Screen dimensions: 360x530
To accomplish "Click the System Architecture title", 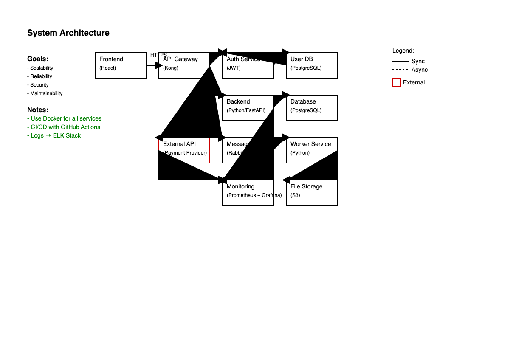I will (x=68, y=33).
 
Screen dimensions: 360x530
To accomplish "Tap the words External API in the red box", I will (x=179, y=144).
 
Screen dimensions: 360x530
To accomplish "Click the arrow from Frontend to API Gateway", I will (x=152, y=65).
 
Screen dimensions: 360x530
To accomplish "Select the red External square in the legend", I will (x=397, y=82).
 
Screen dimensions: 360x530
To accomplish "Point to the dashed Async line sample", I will (x=400, y=70).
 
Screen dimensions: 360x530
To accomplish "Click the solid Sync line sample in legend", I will (x=400, y=61).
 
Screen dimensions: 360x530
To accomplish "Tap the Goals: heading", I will (x=38, y=59).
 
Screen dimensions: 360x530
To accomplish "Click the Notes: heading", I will (x=38, y=110).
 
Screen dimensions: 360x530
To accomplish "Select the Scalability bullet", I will (x=40, y=68).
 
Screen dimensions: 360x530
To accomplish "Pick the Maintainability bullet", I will (x=45, y=93).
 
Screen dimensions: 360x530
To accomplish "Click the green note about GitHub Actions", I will (x=64, y=127).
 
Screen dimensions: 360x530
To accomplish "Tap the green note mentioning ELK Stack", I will (x=54, y=135).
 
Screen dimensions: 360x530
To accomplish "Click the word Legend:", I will (x=403, y=51).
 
